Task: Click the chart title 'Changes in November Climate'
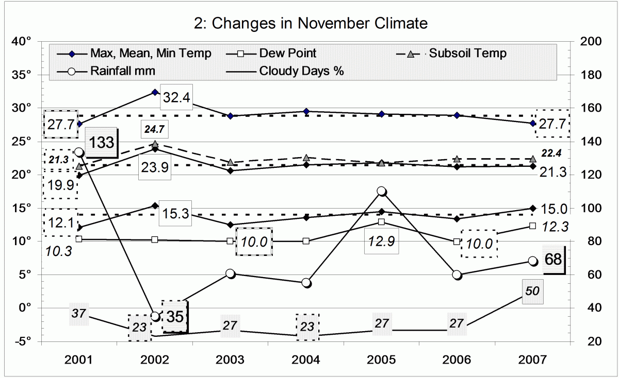tap(309, 23)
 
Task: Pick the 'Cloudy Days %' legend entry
tap(302, 71)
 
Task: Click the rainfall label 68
tap(553, 260)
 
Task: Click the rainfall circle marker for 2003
tap(231, 273)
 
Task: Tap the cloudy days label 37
tap(79, 313)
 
